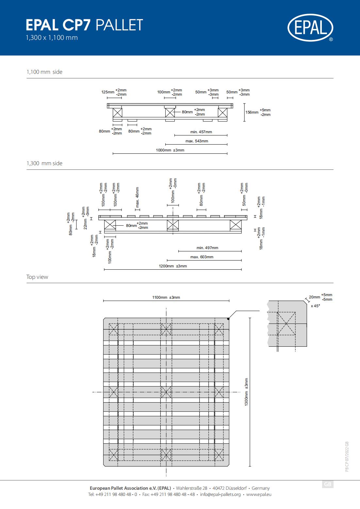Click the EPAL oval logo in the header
tap(310, 27)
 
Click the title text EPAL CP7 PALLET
tap(84, 25)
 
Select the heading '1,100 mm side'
tap(44, 72)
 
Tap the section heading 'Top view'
tap(37, 277)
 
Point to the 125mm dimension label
tap(108, 92)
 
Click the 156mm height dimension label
tap(252, 112)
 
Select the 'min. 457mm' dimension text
tap(201, 132)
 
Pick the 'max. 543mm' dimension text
tap(197, 141)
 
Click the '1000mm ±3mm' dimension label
tap(170, 150)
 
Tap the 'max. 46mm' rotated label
tap(137, 197)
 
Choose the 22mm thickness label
tap(85, 224)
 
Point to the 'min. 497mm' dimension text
tap(207, 248)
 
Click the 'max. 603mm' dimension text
tap(202, 257)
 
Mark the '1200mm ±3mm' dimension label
tap(173, 266)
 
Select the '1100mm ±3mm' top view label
tap(166, 297)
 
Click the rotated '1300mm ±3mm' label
tap(246, 392)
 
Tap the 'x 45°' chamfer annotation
tap(316, 306)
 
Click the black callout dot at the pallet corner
tap(228, 319)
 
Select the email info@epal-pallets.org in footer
tap(221, 494)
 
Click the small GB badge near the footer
tap(328, 484)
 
